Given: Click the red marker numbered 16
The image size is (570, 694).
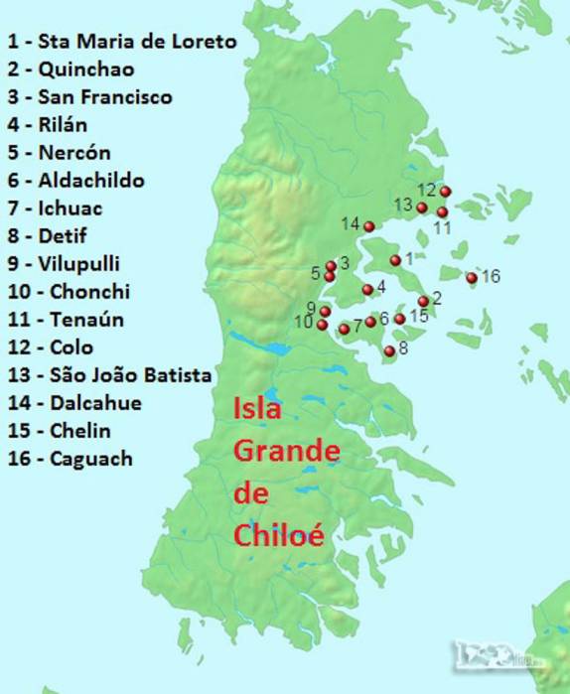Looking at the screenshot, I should coord(472,277).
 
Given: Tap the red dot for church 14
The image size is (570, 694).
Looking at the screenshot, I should coord(369,226).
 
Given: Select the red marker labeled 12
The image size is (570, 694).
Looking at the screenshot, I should coord(445,192).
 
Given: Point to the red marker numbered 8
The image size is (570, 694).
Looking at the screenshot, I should coord(389,350).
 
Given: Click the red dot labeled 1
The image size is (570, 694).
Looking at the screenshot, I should coord(395,260).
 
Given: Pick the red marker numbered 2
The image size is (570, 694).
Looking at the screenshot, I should coord(423,301).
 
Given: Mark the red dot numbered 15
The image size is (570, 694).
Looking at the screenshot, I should coord(399,319).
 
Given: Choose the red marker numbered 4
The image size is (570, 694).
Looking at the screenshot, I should coord(367,290).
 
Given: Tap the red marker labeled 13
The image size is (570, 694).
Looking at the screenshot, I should coord(422,208).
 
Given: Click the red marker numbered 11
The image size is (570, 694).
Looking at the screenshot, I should coord(442,212).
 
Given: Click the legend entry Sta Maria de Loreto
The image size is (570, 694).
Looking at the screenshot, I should coord(122,42).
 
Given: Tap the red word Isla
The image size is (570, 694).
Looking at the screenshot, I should coord(257,409).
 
